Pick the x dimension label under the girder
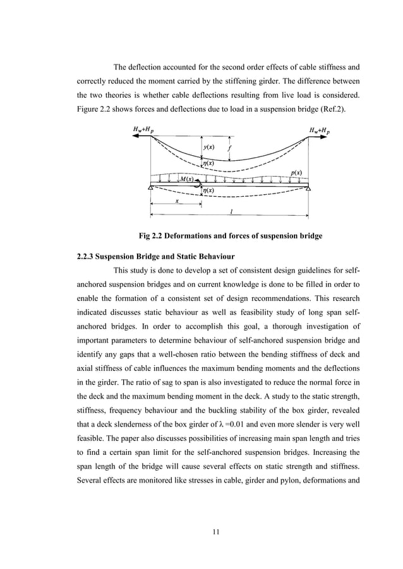pos(177,201)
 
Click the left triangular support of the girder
pos(151,187)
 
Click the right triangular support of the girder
pos(308,187)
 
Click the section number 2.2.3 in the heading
pos(86,257)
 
